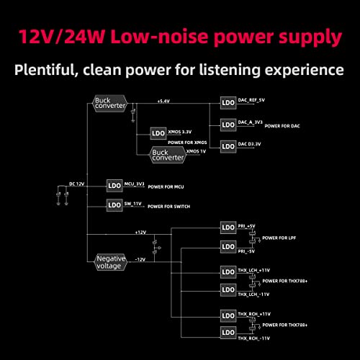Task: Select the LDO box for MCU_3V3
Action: (114, 185)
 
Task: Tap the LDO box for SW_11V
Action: (114, 205)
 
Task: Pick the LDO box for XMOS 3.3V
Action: (158, 134)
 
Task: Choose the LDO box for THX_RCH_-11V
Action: (228, 333)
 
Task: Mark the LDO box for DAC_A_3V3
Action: (228, 125)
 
